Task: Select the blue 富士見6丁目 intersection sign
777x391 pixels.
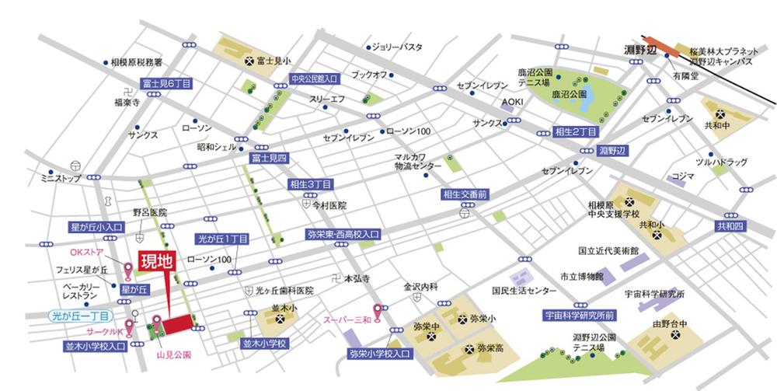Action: [x=166, y=82]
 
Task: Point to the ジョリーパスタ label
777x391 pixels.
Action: [x=397, y=47]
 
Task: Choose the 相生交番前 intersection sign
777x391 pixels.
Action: [x=465, y=194]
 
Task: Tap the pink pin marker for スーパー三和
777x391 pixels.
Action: [x=378, y=312]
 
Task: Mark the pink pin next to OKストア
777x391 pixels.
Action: [x=129, y=270]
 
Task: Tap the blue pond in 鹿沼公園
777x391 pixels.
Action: [x=586, y=96]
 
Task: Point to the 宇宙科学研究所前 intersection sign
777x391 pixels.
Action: [x=580, y=315]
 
